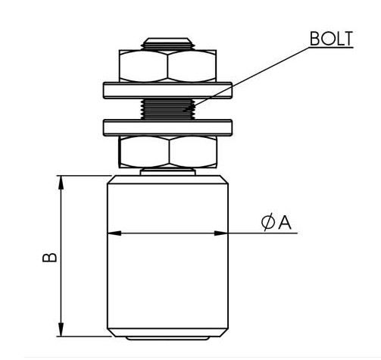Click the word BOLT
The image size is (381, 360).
[331, 39]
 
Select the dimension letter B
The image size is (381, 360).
[50, 257]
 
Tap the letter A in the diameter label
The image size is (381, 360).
[285, 223]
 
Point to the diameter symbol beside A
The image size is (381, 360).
[268, 222]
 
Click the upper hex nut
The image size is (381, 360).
[167, 66]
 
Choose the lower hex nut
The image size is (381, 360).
[168, 152]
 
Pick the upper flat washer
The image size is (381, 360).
[167, 90]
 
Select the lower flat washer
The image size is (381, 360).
[167, 127]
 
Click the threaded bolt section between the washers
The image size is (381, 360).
[167, 109]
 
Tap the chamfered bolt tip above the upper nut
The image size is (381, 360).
[167, 44]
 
